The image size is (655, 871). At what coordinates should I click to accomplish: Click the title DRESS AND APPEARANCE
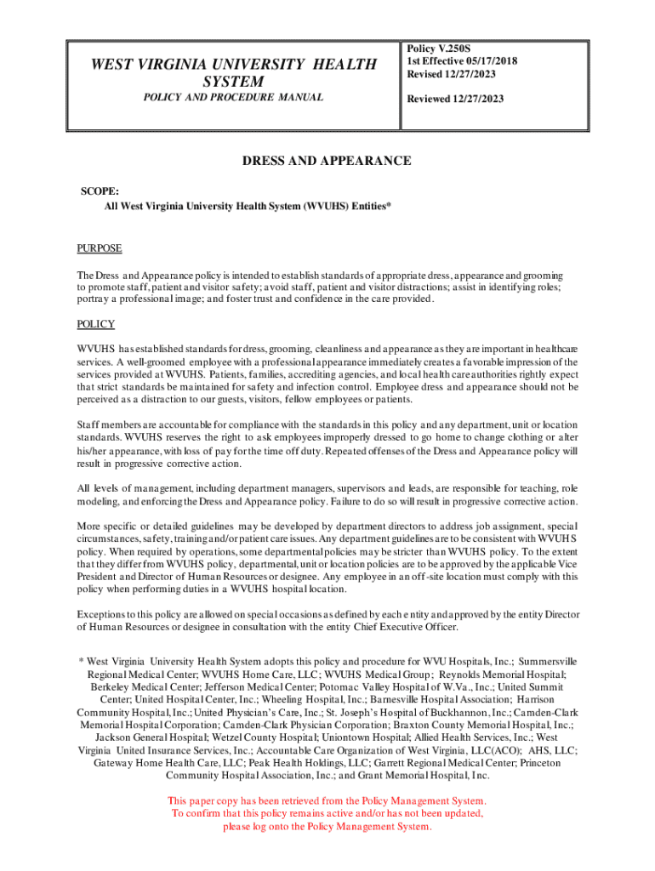click(x=327, y=161)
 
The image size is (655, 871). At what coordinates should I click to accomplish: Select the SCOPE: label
click(x=100, y=192)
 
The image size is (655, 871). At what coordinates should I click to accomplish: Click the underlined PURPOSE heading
click(x=100, y=248)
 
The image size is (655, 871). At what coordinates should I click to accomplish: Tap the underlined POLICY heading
click(x=95, y=324)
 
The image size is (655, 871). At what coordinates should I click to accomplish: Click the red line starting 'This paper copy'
click(x=327, y=801)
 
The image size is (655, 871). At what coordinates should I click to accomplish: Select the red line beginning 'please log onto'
click(x=327, y=827)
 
